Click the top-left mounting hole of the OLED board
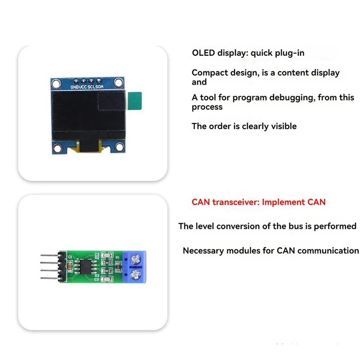pos(56,82)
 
